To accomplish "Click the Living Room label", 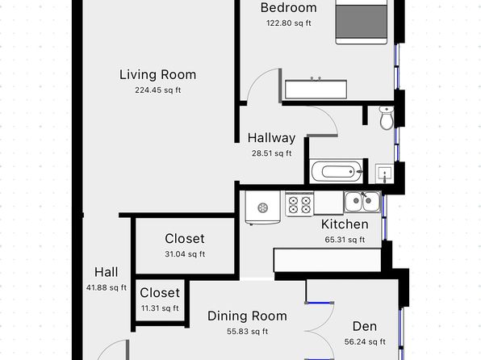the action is coord(157,75).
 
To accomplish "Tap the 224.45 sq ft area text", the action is coord(157,90).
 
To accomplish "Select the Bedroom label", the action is coord(288,8).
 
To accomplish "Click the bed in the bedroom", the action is coord(362,22).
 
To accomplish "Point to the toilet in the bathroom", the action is coord(387,118).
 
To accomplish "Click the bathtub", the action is coord(337,171).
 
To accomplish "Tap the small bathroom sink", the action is coord(385,174).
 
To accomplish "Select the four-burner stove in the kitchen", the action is coord(299,204).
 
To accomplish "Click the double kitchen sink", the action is coord(362,201).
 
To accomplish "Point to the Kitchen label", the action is coord(345,224).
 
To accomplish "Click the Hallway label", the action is coord(271,138).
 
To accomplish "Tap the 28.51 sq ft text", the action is coord(271,153).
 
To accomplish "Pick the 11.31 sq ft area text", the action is coord(160,308).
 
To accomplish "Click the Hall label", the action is coord(107,272).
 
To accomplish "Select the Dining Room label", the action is coord(247,316).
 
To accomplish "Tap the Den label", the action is coord(365,326).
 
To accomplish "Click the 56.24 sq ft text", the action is coord(365,341).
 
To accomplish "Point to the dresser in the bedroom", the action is coord(316,90).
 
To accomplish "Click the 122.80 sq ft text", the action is coord(288,23).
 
